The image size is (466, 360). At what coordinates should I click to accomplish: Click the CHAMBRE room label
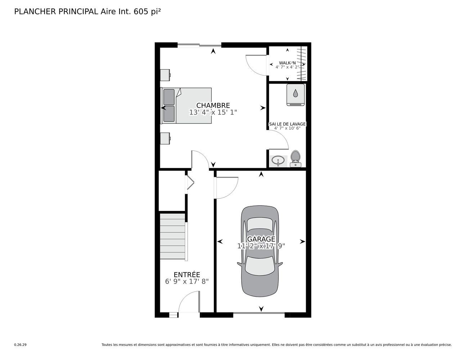(x=213, y=105)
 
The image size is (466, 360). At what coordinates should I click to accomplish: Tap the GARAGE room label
(x=261, y=239)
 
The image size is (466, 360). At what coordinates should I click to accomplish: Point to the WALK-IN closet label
(x=287, y=63)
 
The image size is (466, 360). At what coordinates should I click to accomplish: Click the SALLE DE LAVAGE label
(x=287, y=124)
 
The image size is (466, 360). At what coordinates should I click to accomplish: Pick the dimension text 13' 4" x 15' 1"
(x=213, y=112)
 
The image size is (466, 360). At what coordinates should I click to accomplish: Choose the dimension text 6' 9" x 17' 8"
(x=187, y=282)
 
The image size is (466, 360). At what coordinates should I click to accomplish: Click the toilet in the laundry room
(x=296, y=158)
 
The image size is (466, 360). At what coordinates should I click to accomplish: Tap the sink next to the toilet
(x=278, y=161)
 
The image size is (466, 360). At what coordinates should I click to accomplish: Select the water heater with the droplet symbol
(x=296, y=94)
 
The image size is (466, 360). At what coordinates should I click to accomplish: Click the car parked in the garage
(x=260, y=251)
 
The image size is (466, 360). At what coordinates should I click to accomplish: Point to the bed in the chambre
(x=186, y=105)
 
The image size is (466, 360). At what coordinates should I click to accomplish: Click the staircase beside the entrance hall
(x=172, y=237)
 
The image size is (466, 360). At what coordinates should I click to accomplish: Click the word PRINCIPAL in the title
(x=78, y=12)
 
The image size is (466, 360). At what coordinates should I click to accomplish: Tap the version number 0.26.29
(x=21, y=345)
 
